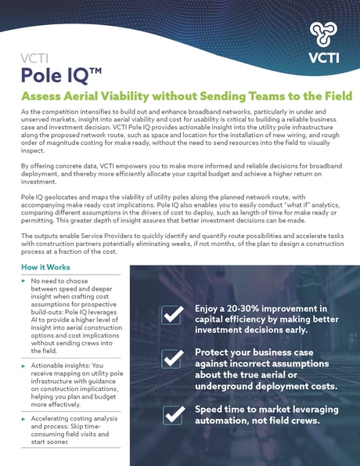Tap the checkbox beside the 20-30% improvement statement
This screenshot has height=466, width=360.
click(x=172, y=315)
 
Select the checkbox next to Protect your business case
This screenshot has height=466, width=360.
click(x=172, y=359)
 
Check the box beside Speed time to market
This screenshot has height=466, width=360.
click(x=172, y=414)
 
